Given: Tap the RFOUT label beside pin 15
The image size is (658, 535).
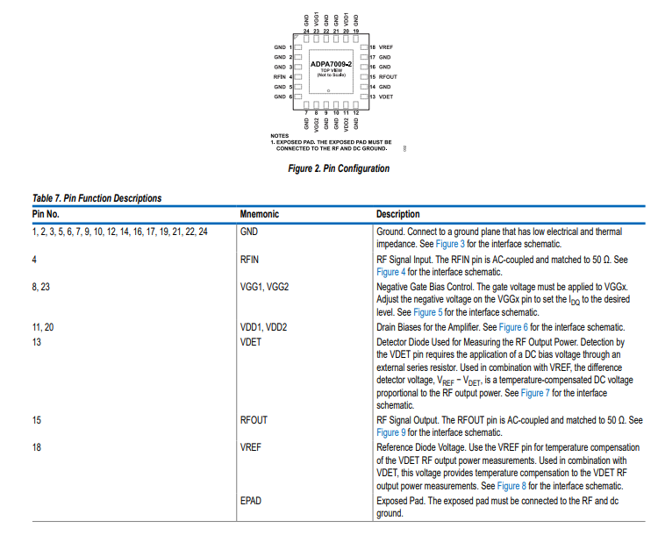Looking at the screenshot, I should click(x=388, y=77).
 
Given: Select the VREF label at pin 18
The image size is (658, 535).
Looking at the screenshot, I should click(x=386, y=46).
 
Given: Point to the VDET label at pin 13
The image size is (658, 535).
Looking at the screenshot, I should click(x=386, y=96).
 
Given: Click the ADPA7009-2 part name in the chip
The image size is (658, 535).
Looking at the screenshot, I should click(x=331, y=65).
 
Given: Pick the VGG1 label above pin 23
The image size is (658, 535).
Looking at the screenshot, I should click(x=317, y=19).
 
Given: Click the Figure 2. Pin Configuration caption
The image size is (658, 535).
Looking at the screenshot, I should click(x=339, y=168).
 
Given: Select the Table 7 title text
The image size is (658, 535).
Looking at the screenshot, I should click(x=97, y=199).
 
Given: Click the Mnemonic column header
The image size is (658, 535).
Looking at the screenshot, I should click(x=259, y=214).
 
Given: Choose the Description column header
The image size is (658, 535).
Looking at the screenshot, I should click(x=397, y=214).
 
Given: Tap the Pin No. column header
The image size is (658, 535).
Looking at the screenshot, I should click(x=46, y=214).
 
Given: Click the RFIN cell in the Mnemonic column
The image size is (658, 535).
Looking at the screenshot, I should click(x=251, y=260).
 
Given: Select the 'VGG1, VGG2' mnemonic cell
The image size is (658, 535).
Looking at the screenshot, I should click(x=264, y=286).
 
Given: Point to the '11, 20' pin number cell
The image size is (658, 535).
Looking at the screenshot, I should click(x=43, y=327).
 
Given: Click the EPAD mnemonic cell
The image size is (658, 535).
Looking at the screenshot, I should click(x=251, y=501).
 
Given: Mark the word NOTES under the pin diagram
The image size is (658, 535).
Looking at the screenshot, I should click(x=280, y=135).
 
